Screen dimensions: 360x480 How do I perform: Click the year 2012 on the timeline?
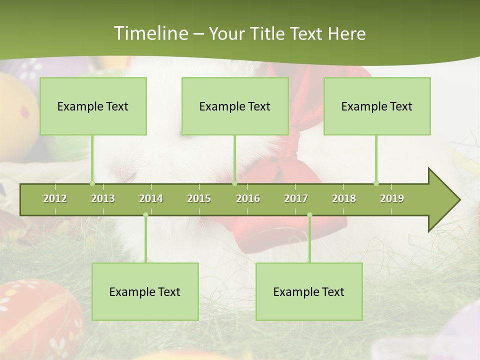(x=55, y=198)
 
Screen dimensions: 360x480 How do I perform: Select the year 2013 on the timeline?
(x=103, y=198)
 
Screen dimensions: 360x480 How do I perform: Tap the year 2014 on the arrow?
(x=151, y=198)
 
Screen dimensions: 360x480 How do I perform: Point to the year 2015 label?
(x=199, y=198)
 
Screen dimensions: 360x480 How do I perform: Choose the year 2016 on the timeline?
(x=248, y=198)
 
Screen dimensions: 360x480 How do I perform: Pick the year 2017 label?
(x=296, y=198)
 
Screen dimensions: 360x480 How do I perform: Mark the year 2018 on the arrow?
(x=344, y=198)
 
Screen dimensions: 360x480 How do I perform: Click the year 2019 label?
(x=392, y=198)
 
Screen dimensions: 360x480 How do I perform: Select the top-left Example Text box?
(x=93, y=106)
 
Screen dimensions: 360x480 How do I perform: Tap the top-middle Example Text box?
(x=235, y=106)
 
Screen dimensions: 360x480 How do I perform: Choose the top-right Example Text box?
(x=377, y=106)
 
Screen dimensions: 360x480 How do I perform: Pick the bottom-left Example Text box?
(x=145, y=291)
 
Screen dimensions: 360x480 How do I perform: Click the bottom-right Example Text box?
(x=309, y=291)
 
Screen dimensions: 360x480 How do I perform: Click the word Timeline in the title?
(x=150, y=33)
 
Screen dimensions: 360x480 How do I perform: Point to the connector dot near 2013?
(x=92, y=183)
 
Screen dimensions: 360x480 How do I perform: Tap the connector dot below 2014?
(x=145, y=215)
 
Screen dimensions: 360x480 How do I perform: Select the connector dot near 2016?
(x=234, y=183)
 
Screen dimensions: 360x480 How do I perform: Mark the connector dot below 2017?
(x=309, y=215)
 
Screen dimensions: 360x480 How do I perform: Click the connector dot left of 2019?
(x=376, y=183)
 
